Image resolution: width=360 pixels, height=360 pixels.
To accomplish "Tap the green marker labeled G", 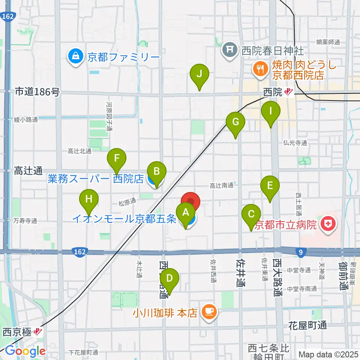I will pos(235,122).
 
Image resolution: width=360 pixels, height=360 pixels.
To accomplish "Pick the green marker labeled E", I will pos(270,186).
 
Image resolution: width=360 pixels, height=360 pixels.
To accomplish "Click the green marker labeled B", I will pos(157,172).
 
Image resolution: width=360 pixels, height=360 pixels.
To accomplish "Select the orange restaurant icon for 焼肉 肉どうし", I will pos(259,68).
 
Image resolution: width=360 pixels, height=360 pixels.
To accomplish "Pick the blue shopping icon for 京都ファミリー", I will pos(76,57).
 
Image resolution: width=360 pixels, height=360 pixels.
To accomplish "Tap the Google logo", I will pos(25,351).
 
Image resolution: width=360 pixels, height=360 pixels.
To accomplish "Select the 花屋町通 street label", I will pos(307,325).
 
